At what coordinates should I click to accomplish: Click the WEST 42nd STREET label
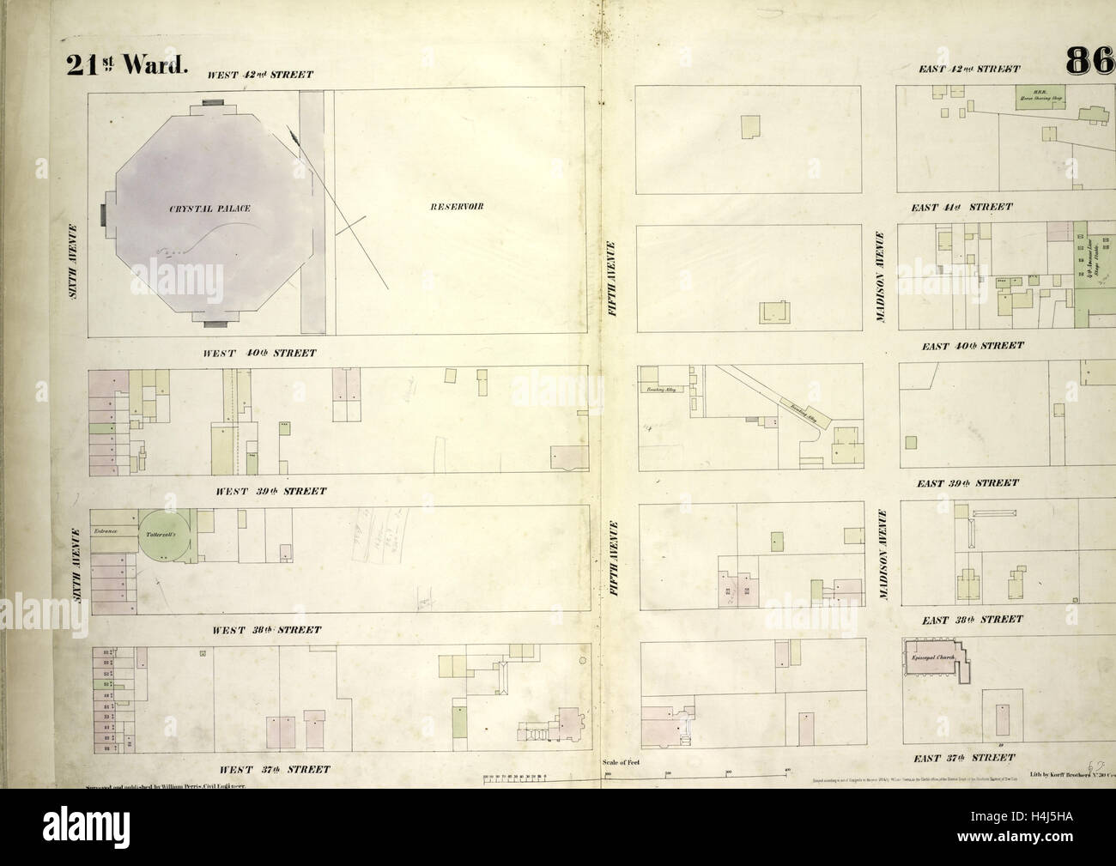(260, 76)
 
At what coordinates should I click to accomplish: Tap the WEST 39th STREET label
(270, 491)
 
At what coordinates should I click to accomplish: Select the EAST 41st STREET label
(961, 207)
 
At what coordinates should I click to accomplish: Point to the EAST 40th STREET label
(972, 345)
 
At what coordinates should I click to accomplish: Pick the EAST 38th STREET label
(969, 619)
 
